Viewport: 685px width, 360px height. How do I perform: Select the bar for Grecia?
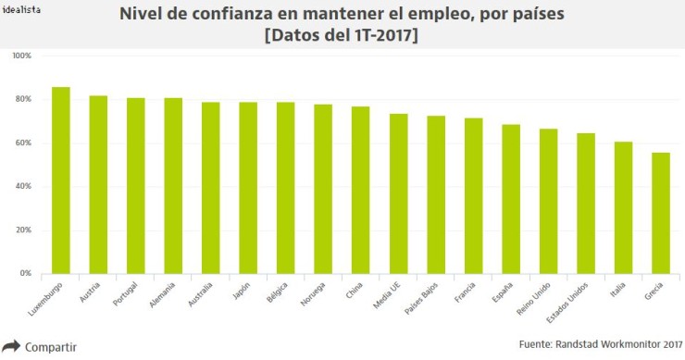[x=661, y=213]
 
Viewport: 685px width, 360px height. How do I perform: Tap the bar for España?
[x=511, y=199]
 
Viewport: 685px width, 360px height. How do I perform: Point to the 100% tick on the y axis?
[x=21, y=56]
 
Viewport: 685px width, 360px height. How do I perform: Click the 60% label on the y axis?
[x=21, y=143]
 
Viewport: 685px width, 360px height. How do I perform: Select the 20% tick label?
[x=21, y=230]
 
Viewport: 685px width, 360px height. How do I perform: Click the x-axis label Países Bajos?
[x=424, y=298]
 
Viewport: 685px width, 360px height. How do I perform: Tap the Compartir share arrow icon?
[x=11, y=347]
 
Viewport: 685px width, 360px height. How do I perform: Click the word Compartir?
[x=50, y=347]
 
